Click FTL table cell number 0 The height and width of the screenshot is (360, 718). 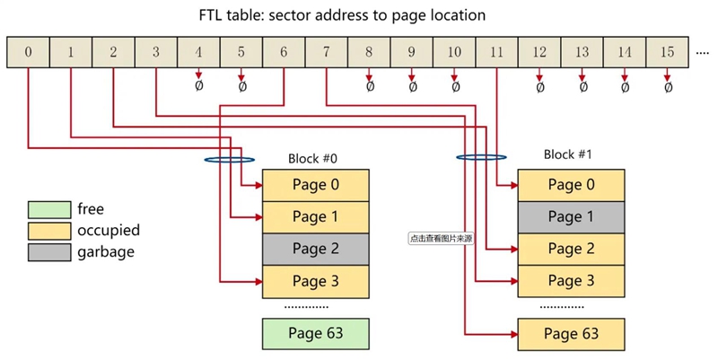click(28, 52)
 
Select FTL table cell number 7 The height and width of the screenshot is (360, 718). click(326, 52)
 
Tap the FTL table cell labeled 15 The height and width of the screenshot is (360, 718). click(667, 52)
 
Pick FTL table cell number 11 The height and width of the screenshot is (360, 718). click(496, 52)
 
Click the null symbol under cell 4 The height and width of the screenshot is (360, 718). click(198, 87)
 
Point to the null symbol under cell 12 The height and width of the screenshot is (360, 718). click(539, 87)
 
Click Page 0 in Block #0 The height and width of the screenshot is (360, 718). click(315, 186)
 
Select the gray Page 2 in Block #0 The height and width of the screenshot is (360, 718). click(315, 249)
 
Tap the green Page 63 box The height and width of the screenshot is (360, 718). click(315, 333)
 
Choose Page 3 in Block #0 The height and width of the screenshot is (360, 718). click(315, 281)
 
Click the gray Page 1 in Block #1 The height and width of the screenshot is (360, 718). click(572, 216)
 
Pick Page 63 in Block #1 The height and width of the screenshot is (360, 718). click(572, 334)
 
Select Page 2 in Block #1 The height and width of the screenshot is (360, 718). click(572, 249)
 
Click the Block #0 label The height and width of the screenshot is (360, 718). click(312, 159)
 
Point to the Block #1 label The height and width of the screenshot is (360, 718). click(568, 154)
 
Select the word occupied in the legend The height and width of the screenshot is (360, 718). click(109, 231)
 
